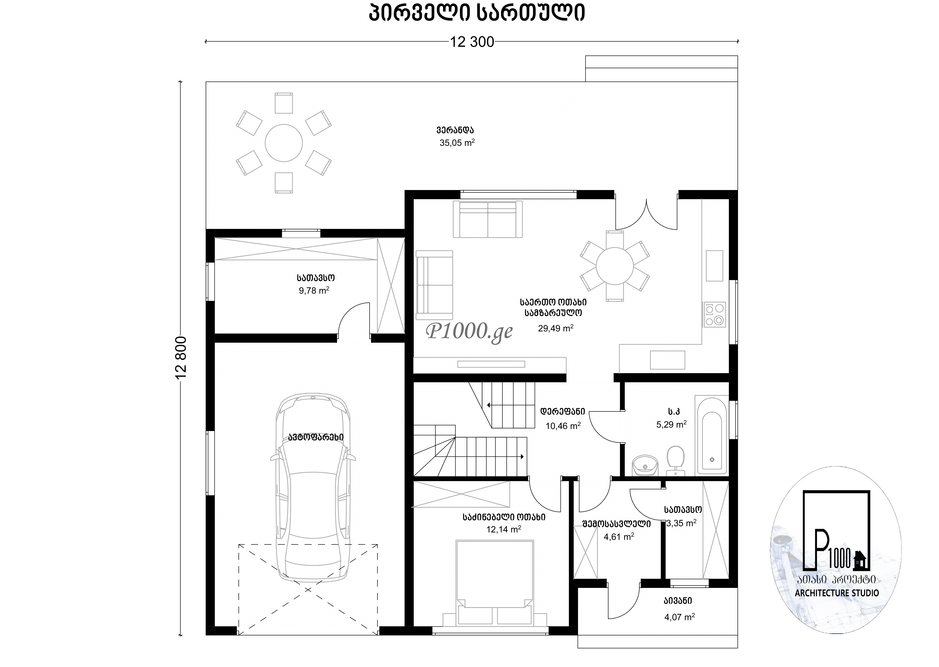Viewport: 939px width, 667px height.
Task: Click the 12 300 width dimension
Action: pyautogui.click(x=472, y=42)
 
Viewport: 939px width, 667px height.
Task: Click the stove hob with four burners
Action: pyautogui.click(x=714, y=314)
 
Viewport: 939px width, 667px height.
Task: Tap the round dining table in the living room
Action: pyautogui.click(x=615, y=266)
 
